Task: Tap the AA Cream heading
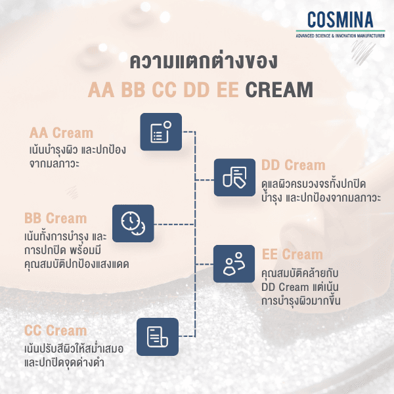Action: coord(61,133)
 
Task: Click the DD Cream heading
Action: coord(293,165)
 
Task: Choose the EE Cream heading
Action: coord(292,254)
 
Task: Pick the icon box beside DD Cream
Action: coord(234,178)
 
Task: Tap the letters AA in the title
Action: coord(102,89)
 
